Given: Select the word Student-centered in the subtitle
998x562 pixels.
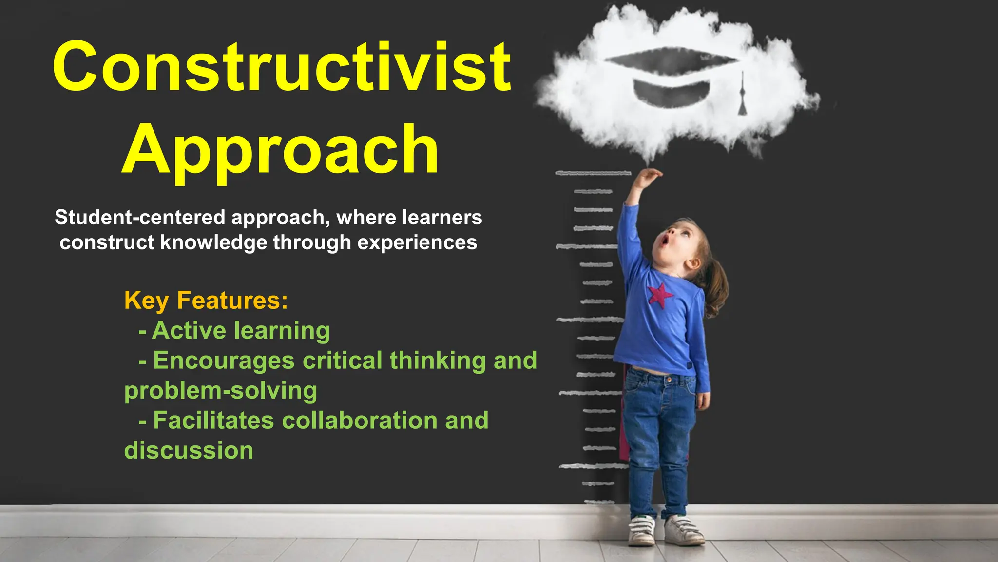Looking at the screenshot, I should (x=140, y=218).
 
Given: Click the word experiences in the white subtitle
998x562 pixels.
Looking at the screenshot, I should (x=417, y=242).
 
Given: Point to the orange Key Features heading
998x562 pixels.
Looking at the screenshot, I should (x=206, y=300).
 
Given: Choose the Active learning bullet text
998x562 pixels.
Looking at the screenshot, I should (x=241, y=330).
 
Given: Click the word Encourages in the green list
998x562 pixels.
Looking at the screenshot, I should (x=224, y=361).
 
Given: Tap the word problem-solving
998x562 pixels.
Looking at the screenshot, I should (x=220, y=391).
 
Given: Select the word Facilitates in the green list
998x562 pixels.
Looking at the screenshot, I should (x=213, y=421).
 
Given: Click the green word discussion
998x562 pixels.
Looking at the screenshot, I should (x=189, y=450).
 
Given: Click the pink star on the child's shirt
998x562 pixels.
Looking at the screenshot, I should (x=659, y=294).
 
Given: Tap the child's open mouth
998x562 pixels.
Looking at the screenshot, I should (x=665, y=241).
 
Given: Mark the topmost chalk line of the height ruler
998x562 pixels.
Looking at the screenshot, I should (x=593, y=173).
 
